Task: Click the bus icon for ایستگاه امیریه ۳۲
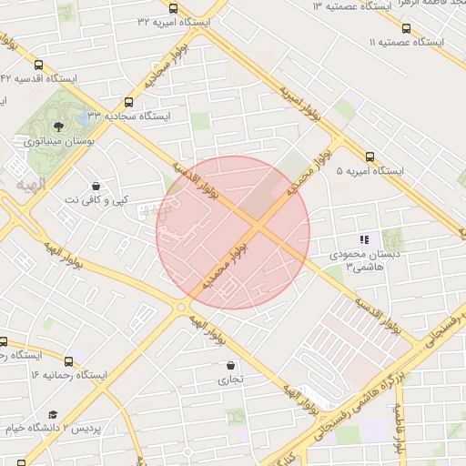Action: click(174, 8)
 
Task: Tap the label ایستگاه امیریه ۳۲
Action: click(174, 22)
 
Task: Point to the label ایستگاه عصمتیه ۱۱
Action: click(406, 43)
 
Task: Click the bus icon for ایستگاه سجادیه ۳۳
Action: click(128, 102)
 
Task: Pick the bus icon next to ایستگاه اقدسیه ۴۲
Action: click(38, 65)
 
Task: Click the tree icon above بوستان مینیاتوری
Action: click(59, 127)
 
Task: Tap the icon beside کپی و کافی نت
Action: click(95, 186)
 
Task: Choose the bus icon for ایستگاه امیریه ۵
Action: click(370, 157)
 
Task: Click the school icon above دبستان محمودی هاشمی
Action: click(364, 239)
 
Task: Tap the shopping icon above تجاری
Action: click(229, 366)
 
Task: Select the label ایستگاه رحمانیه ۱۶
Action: click(68, 375)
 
